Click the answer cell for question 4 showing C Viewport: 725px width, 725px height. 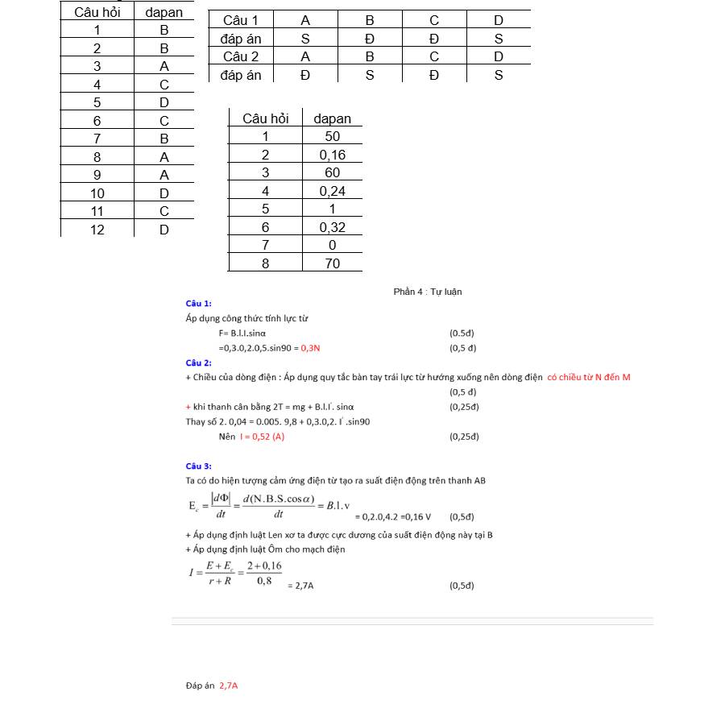tap(164, 85)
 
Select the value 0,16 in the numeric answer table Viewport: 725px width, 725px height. tap(332, 155)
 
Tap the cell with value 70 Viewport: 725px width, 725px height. tap(332, 263)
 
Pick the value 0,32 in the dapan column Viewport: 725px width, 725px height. tap(332, 227)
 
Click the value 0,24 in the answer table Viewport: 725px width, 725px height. tap(332, 191)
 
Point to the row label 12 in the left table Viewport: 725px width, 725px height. tap(97, 230)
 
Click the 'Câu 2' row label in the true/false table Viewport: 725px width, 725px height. tap(241, 56)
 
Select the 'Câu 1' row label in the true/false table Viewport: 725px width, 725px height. tap(241, 20)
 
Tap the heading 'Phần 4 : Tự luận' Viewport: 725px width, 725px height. tap(428, 292)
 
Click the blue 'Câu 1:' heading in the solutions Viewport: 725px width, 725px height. tap(198, 304)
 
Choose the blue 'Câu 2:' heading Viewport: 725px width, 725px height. tap(198, 363)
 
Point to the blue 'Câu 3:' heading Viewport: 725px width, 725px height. tap(198, 466)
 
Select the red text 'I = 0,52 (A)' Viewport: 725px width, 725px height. tap(262, 437)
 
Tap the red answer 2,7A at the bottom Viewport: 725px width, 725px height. tap(229, 686)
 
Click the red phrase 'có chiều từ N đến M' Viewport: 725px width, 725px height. tap(589, 377)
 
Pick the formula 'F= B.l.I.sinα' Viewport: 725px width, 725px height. tap(242, 333)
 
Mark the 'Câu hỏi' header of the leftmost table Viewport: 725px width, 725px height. tap(97, 12)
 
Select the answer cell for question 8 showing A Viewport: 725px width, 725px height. tap(164, 157)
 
